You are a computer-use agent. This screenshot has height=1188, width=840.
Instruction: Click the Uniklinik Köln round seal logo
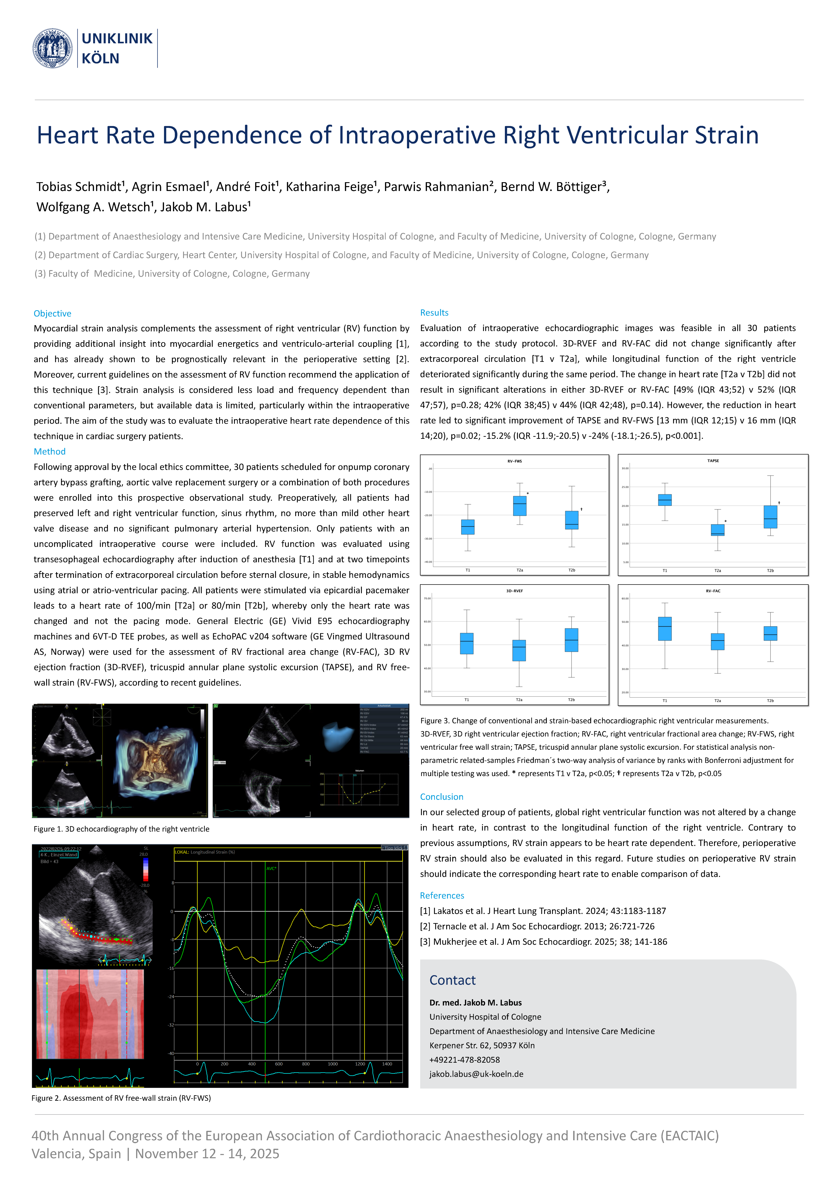tap(52, 48)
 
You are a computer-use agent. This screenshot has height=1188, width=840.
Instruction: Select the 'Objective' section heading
tap(52, 313)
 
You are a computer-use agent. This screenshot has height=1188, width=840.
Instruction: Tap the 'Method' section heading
tap(50, 452)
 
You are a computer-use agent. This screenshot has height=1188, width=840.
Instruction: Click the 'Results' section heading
tap(434, 313)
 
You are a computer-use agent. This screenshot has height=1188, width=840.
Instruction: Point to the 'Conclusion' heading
tap(441, 797)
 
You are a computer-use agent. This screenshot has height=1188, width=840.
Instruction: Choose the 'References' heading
tap(442, 896)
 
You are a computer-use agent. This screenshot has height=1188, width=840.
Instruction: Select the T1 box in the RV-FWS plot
tap(468, 527)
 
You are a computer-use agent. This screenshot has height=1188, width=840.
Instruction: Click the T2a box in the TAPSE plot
tap(717, 530)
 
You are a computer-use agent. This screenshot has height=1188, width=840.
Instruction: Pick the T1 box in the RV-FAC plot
tap(665, 629)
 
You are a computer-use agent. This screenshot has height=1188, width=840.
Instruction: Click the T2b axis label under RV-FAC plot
tap(770, 701)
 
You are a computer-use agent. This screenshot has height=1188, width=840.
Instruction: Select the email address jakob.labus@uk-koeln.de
tap(476, 1074)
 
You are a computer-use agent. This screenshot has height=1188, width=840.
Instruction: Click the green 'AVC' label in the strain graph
tap(271, 869)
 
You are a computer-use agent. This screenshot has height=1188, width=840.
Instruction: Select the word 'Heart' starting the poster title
tap(68, 136)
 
